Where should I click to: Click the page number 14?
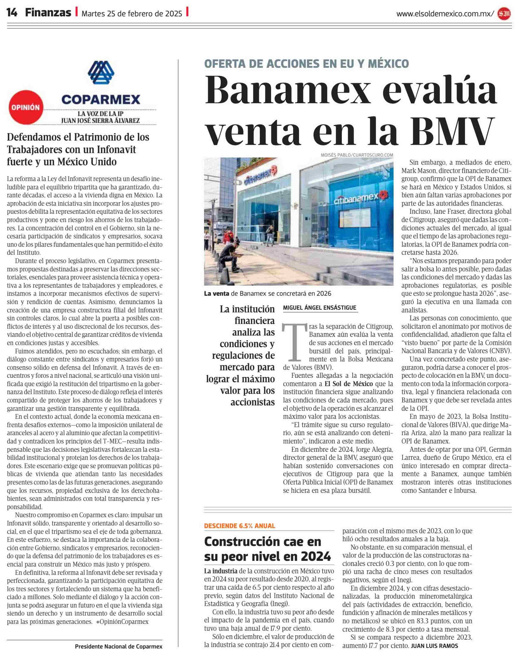tap(12, 13)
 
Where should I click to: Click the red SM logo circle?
tap(504, 14)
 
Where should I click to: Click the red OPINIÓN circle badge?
tap(26, 108)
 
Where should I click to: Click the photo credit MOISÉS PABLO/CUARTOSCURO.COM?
tap(357, 155)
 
